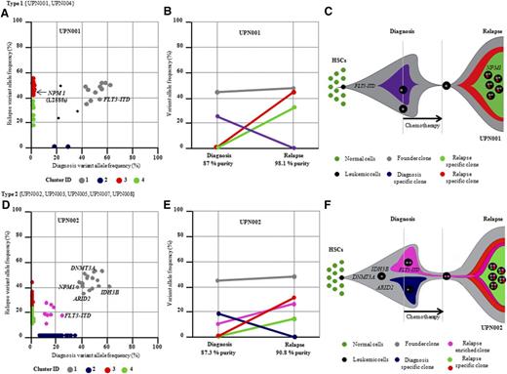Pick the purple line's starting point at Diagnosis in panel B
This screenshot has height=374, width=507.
215,116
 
